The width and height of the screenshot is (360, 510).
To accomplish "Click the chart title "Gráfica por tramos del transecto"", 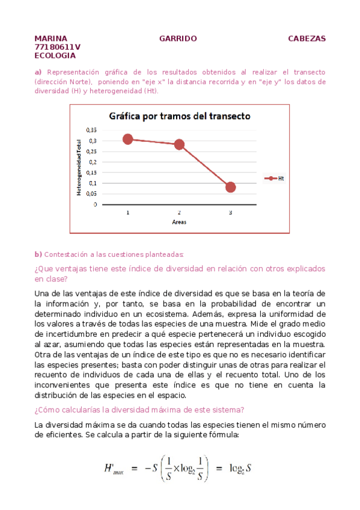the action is [x=179, y=116].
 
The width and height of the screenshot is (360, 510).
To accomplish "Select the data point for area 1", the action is [x=127, y=139].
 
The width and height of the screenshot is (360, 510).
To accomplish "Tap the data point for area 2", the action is [x=179, y=144].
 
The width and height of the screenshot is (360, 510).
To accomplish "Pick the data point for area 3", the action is [x=230, y=187].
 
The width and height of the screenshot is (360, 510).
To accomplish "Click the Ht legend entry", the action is [x=276, y=179].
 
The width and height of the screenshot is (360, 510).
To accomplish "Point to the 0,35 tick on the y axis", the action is [x=90, y=130].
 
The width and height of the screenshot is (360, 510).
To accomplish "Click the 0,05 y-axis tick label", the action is [x=90, y=194].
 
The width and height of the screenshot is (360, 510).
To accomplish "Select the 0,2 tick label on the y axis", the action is [x=92, y=162].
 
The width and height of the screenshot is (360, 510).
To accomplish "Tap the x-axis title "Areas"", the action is [x=179, y=222].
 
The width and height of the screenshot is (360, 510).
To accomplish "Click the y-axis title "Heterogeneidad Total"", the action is [x=78, y=167].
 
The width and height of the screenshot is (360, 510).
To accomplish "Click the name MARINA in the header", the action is [x=51, y=38].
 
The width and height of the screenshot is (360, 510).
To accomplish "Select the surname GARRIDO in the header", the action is [x=178, y=38].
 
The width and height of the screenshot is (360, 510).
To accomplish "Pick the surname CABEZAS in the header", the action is [x=307, y=38].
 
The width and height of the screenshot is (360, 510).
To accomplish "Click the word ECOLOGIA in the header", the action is [x=55, y=55].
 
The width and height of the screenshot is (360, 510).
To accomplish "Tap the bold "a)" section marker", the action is [x=38, y=72].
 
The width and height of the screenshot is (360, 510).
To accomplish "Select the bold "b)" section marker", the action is [x=38, y=254].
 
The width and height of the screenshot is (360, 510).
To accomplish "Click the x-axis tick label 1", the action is [x=127, y=212].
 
